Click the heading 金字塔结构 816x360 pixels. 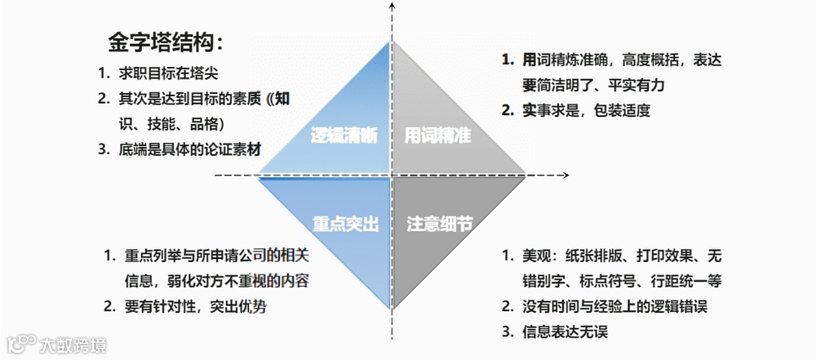[165, 42]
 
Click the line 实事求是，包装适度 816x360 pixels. [586, 110]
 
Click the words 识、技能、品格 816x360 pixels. [171, 124]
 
